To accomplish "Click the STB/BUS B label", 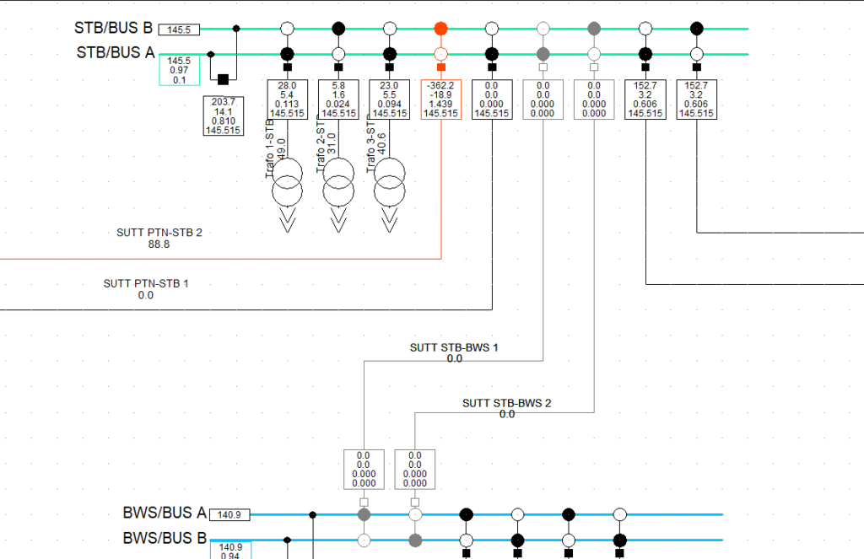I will pyautogui.click(x=113, y=28).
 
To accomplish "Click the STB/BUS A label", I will pyautogui.click(x=116, y=53).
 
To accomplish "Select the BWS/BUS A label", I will pyautogui.click(x=165, y=513).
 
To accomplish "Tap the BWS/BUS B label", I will pyautogui.click(x=165, y=538).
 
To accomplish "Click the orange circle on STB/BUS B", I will pyautogui.click(x=440, y=29).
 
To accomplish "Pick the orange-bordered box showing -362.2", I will pyautogui.click(x=440, y=99).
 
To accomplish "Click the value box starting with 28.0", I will pyautogui.click(x=287, y=99).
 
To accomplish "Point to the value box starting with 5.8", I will pyautogui.click(x=338, y=99).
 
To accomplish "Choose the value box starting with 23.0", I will pyautogui.click(x=389, y=99).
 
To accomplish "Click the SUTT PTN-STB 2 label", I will pyautogui.click(x=159, y=234).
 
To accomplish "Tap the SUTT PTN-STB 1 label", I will pyautogui.click(x=146, y=284).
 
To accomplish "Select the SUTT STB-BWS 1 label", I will pyautogui.click(x=455, y=347).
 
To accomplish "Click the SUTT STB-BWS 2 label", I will pyautogui.click(x=506, y=403).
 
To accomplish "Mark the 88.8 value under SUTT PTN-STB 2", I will pyautogui.click(x=159, y=245).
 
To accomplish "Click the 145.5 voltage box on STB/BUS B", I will pyautogui.click(x=179, y=30).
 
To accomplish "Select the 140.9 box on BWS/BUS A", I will pyautogui.click(x=229, y=514).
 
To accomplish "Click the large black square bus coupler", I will pyautogui.click(x=224, y=79).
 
